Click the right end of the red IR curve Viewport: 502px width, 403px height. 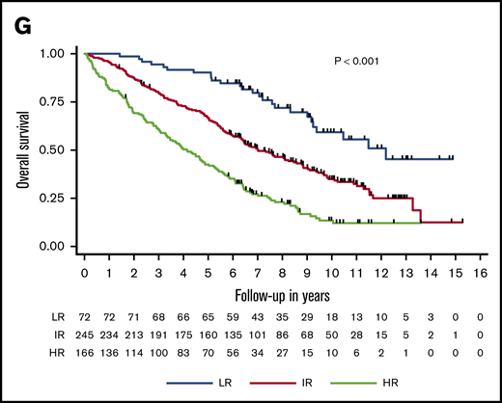pyautogui.click(x=463, y=222)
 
